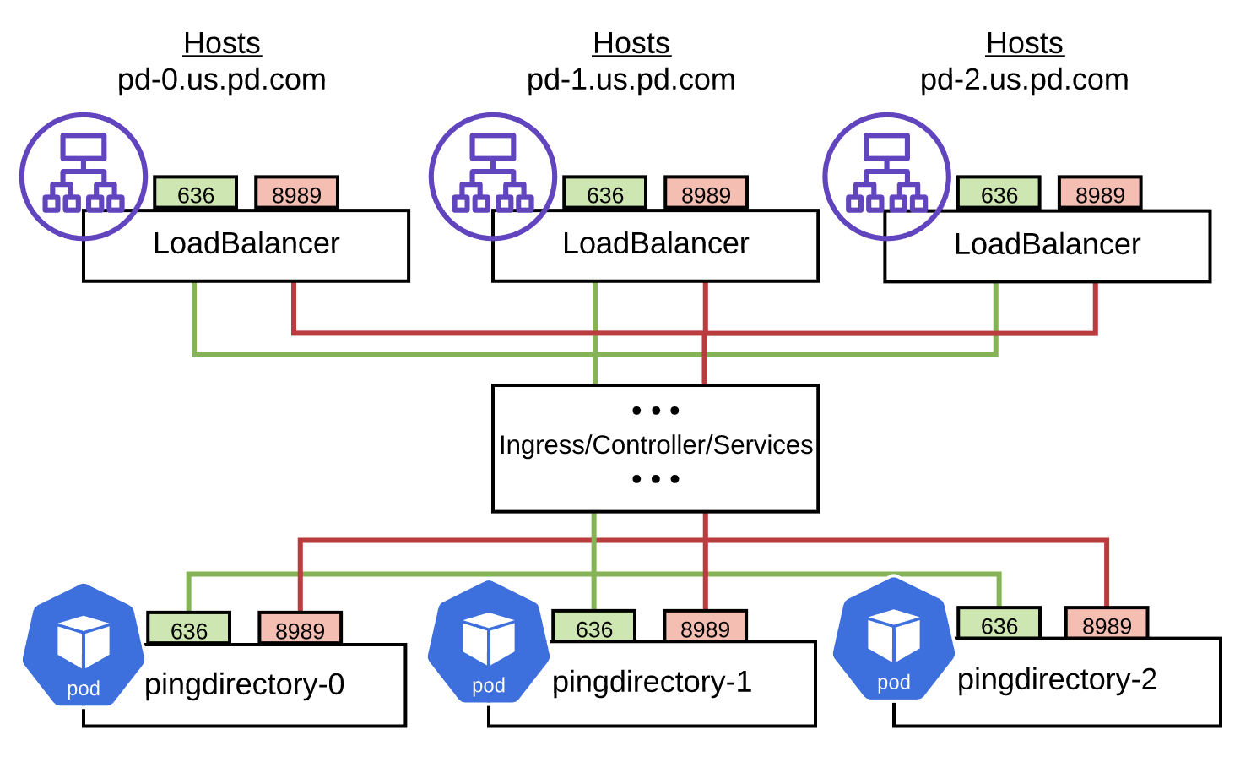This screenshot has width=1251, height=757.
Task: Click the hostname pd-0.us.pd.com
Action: point(221,79)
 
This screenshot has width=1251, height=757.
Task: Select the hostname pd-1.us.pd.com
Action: point(631,79)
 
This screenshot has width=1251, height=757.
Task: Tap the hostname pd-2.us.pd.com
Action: point(1024,79)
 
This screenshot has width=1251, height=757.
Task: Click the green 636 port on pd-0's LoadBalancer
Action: point(196,194)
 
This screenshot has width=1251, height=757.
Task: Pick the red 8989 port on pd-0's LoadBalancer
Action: point(296,194)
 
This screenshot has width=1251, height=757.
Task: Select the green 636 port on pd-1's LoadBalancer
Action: point(605,194)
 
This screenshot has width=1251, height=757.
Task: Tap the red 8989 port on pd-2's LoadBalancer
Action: point(1100,194)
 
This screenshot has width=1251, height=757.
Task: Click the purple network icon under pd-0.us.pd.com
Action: point(84,176)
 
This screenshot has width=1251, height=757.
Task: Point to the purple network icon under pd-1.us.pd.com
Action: point(493,176)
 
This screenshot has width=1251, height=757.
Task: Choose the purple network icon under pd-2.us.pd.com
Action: point(886,176)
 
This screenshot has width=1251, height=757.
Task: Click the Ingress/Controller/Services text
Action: point(656,445)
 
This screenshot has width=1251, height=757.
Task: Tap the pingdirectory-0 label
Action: point(245,684)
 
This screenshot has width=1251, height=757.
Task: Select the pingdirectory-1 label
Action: point(652,682)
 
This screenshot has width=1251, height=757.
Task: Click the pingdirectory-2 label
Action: point(1057,679)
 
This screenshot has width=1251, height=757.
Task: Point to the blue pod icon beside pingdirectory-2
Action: point(893,640)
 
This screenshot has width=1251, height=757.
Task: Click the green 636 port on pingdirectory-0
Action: point(189,630)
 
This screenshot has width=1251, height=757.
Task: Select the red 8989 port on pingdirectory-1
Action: point(705,629)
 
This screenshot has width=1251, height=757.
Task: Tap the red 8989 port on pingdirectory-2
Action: point(1107,625)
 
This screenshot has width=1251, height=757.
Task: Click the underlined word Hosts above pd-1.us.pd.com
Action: point(631,43)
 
